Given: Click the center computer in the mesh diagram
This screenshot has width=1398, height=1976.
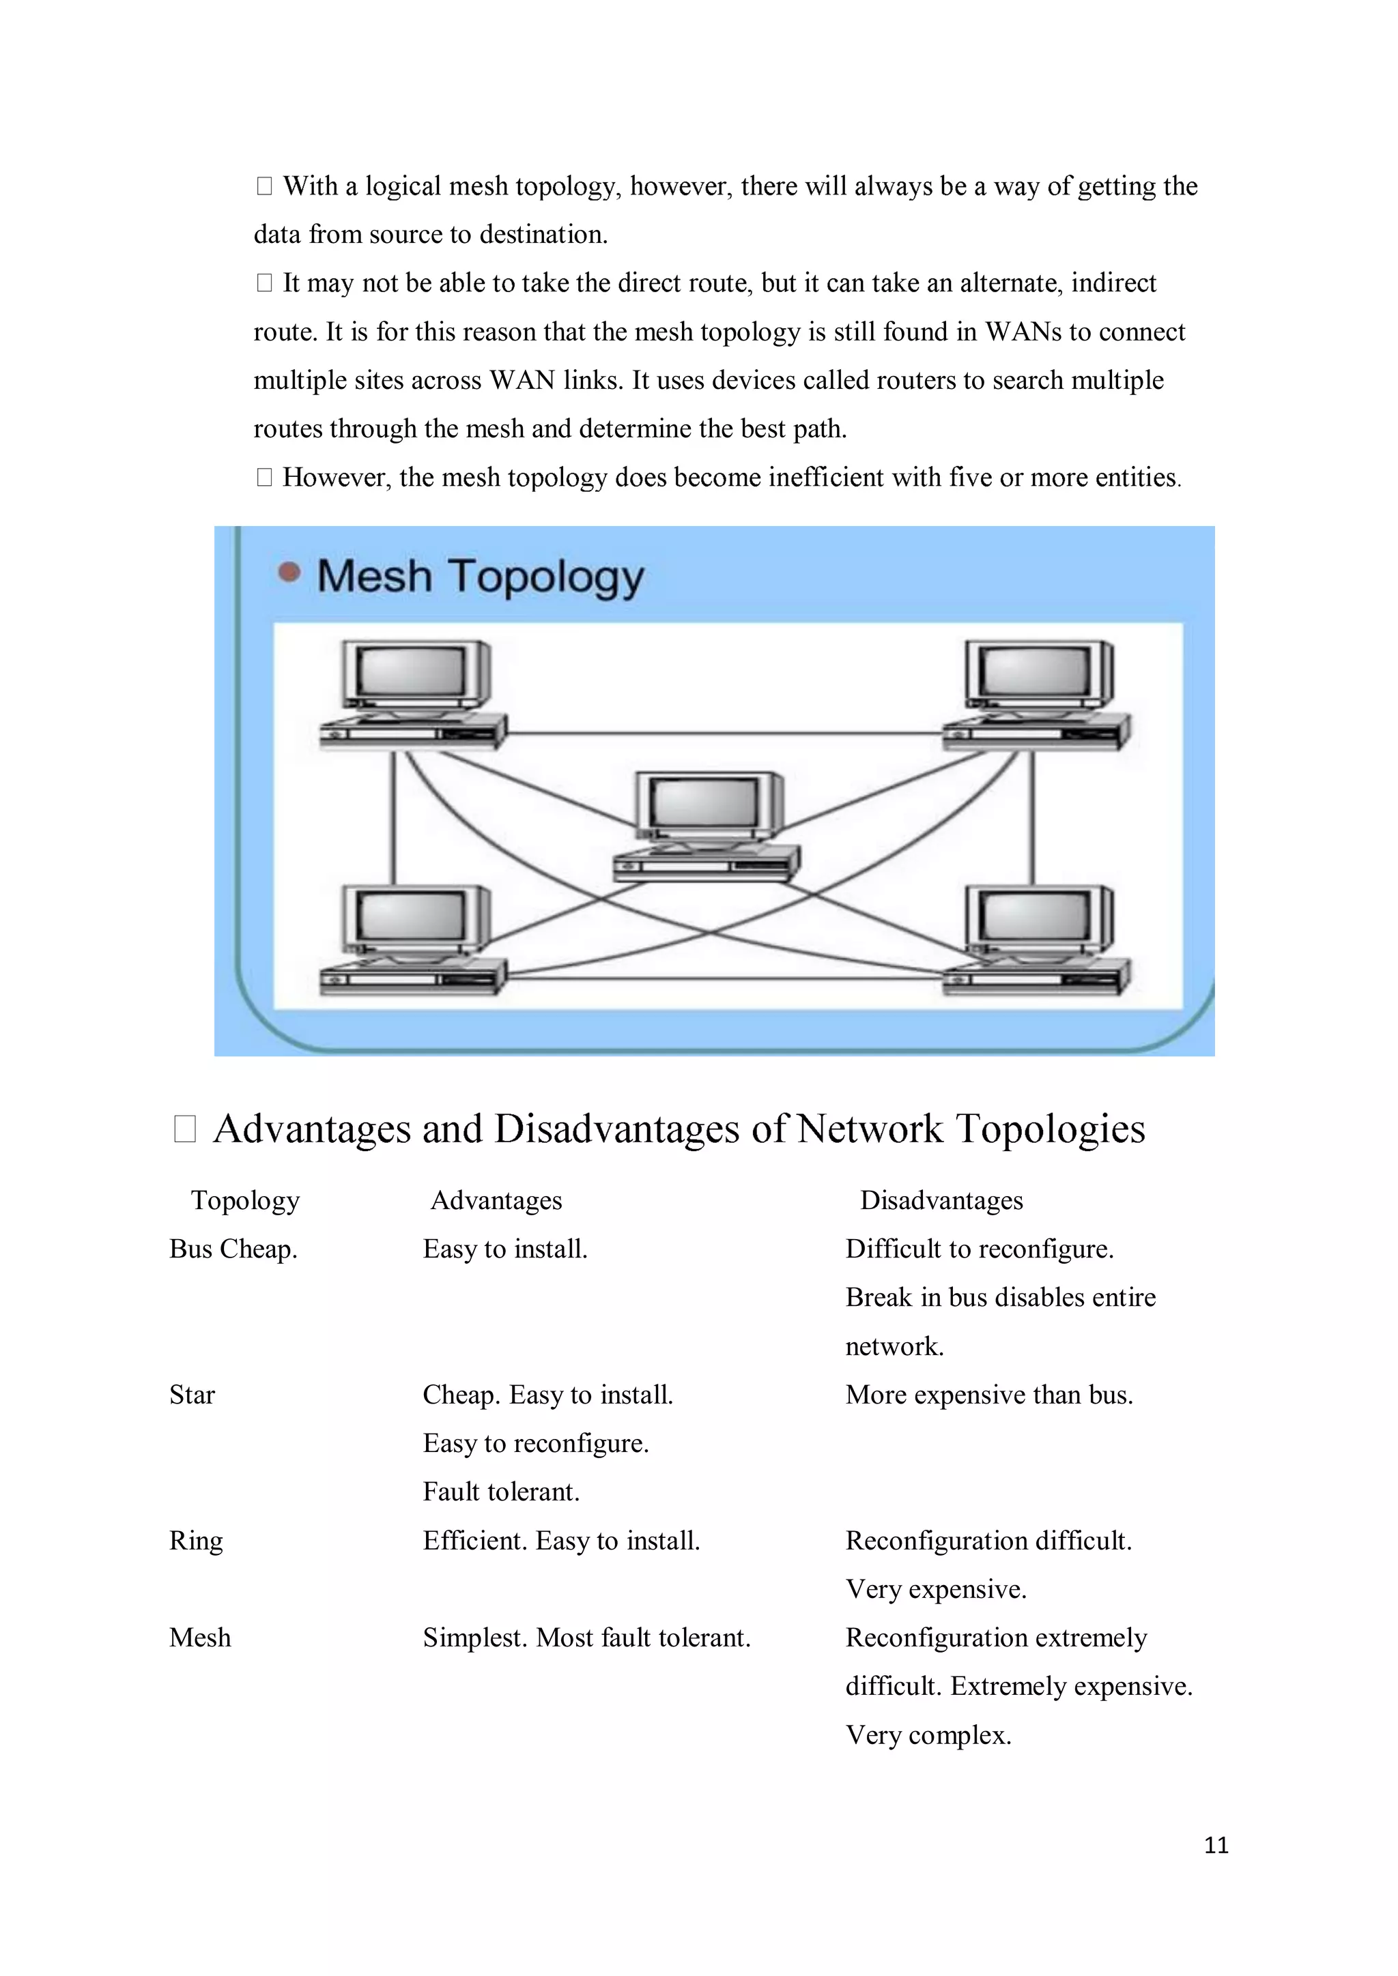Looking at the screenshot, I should pyautogui.click(x=706, y=826).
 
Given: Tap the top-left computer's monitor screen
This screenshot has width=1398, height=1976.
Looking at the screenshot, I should pyautogui.click(x=412, y=672).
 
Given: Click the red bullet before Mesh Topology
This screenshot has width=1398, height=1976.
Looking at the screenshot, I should pyautogui.click(x=290, y=572).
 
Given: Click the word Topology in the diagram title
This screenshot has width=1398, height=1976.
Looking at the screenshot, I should pyautogui.click(x=546, y=577).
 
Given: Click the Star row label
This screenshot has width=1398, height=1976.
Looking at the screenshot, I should pyautogui.click(x=192, y=1395).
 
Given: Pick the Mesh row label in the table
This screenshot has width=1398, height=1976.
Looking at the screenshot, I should pyautogui.click(x=201, y=1638).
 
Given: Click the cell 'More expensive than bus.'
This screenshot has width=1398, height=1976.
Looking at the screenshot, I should pyautogui.click(x=989, y=1395).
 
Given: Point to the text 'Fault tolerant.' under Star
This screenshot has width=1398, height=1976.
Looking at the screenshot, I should pyautogui.click(x=501, y=1492).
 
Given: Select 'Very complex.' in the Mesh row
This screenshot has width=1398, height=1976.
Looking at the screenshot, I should pyautogui.click(x=928, y=1735).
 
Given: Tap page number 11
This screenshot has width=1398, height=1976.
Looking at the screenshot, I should pyautogui.click(x=1216, y=1845).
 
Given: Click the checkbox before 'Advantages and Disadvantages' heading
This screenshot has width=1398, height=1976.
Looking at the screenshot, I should pyautogui.click(x=185, y=1129).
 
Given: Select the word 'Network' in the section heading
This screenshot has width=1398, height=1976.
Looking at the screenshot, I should pyautogui.click(x=870, y=1129).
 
